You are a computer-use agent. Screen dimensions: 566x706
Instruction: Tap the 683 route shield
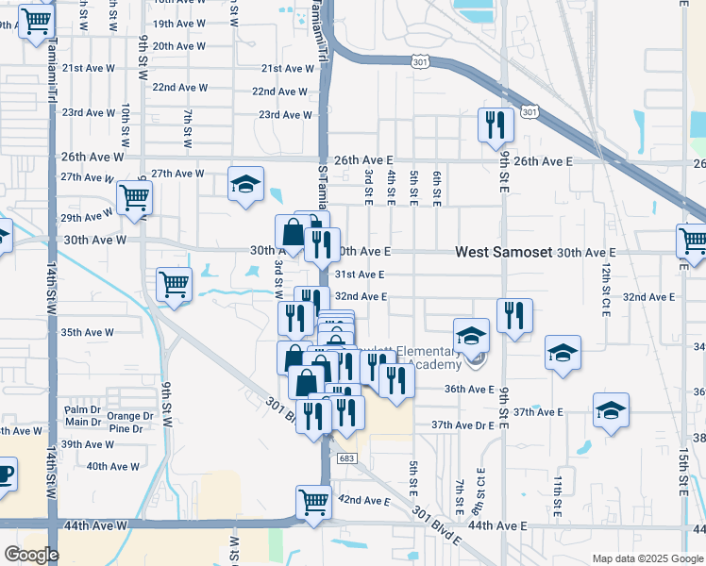346,458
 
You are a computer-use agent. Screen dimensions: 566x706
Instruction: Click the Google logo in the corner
31,555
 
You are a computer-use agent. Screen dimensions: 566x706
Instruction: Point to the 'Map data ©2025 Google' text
647,558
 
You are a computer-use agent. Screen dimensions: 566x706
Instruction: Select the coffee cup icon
4,473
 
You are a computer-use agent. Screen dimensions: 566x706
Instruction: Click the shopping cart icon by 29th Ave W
135,198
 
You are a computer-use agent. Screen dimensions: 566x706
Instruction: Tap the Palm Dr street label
82,409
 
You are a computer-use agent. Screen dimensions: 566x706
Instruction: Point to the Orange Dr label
130,416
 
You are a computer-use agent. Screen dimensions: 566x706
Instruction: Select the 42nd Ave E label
363,500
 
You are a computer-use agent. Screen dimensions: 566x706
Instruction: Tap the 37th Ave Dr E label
463,425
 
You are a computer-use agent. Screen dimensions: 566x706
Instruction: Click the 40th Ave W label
112,466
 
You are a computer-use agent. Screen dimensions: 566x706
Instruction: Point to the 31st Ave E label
360,275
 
